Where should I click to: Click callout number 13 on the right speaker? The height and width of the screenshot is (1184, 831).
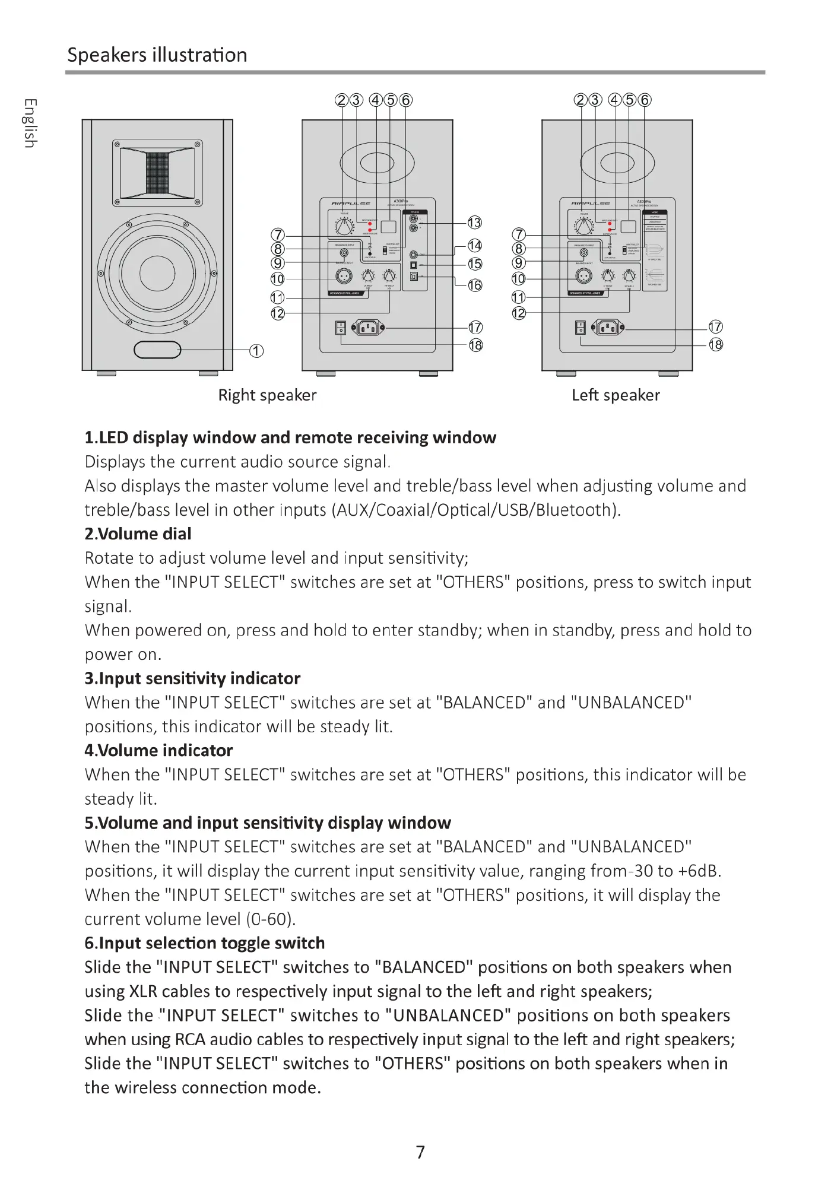pos(474,223)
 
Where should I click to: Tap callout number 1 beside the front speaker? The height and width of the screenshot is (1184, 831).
pos(256,351)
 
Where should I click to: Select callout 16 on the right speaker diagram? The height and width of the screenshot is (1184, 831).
pos(475,285)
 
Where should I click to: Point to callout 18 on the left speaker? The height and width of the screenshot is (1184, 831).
pos(716,345)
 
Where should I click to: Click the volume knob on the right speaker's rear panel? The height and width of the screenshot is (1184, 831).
pos(344,226)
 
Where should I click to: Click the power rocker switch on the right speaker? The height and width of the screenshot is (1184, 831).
pos(340,328)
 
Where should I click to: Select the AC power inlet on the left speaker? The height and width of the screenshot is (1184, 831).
pos(608,327)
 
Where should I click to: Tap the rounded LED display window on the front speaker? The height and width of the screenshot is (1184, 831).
pos(157,350)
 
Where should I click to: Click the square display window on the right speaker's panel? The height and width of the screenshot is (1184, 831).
pos(389,226)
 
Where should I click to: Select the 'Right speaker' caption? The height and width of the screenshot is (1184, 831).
pos(267,395)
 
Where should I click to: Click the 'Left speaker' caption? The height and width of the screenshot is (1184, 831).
pos(616,395)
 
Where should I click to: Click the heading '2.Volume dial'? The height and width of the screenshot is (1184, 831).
pos(138,534)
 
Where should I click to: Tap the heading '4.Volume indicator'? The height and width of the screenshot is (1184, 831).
pos(158,751)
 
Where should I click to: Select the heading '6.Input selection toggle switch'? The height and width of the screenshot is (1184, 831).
pos(205,944)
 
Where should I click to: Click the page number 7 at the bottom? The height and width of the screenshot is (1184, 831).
pos(420,1153)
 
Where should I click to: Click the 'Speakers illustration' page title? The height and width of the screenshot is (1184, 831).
pos(157,55)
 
